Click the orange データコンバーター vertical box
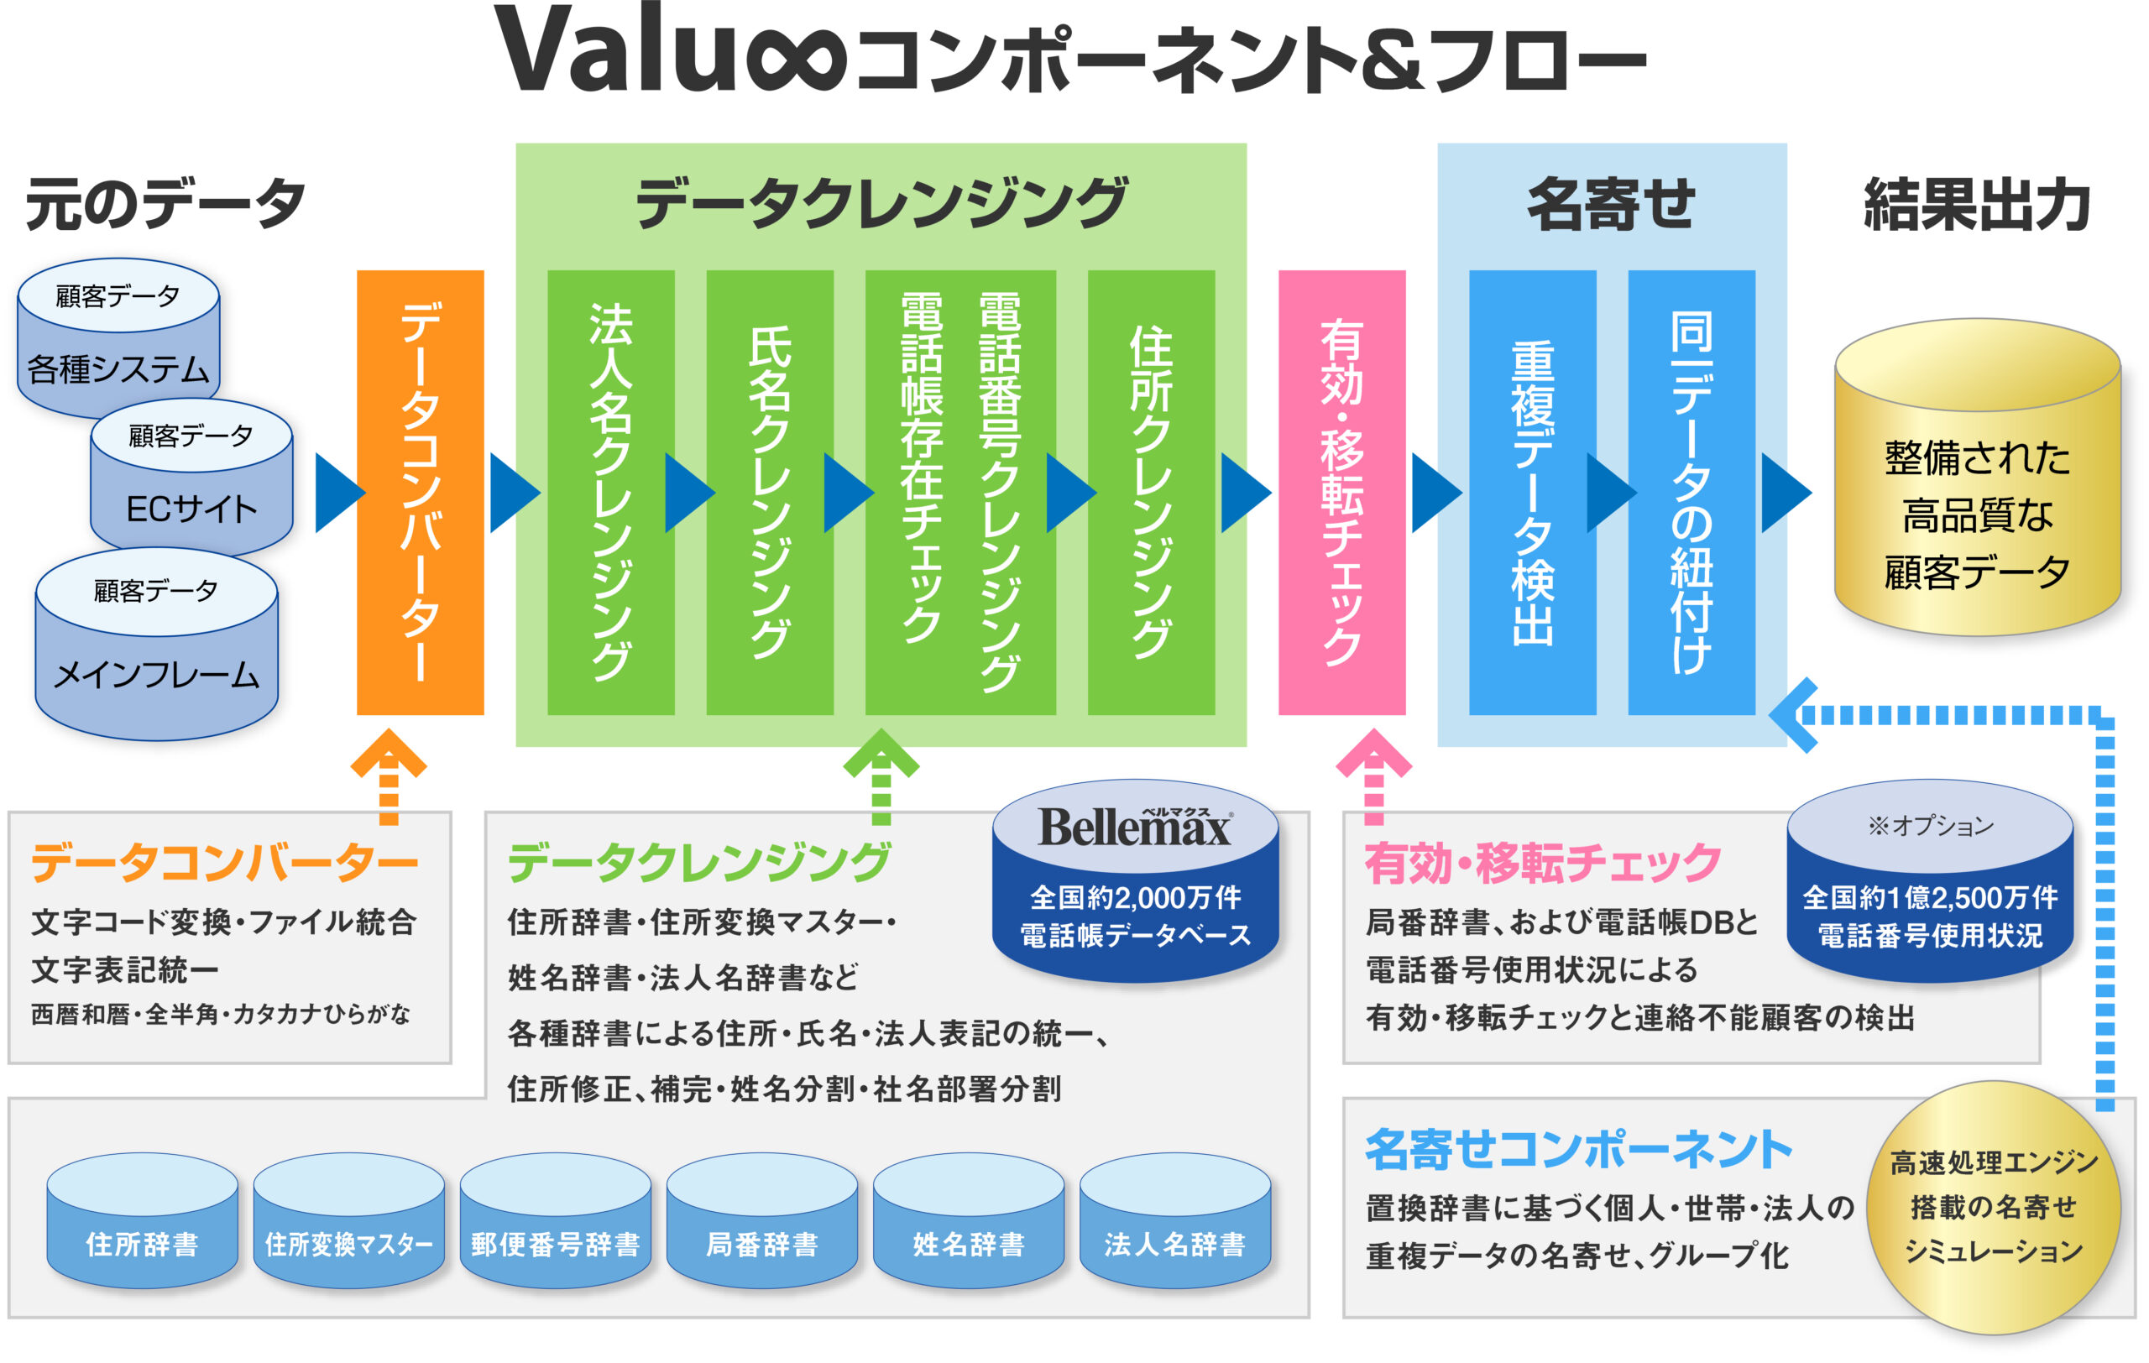[420, 493]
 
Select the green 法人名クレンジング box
[610, 493]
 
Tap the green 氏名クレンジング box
[769, 493]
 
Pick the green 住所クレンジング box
[1150, 493]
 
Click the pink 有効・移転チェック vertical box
[1341, 493]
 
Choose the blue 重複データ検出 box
[1531, 493]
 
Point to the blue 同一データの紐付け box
[1691, 493]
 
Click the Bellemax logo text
[1134, 828]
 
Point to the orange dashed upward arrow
[388, 776]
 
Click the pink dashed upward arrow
[1373, 776]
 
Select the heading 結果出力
[1977, 205]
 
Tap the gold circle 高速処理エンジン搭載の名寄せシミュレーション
[1994, 1207]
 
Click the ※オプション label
[1931, 826]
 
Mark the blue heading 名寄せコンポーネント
[1578, 1149]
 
